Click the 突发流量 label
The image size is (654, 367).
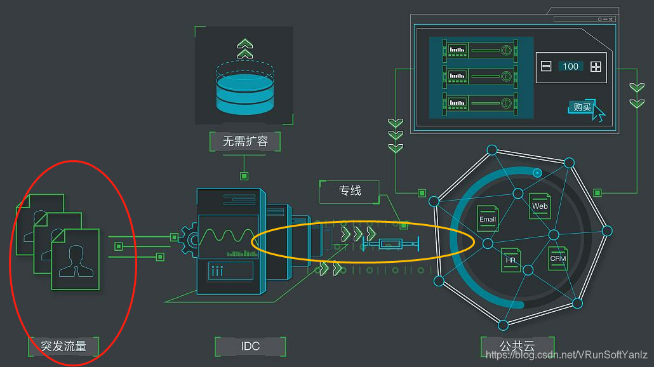click(x=63, y=347)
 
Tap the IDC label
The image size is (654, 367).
click(x=250, y=347)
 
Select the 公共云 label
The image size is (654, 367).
click(x=517, y=347)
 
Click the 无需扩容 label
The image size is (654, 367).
click(x=245, y=141)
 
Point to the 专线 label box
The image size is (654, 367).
click(x=350, y=190)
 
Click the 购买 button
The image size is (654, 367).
click(x=582, y=107)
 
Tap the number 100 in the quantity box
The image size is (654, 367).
click(x=570, y=66)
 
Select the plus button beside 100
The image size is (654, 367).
click(x=595, y=66)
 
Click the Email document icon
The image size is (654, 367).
click(x=488, y=218)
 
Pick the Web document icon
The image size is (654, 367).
click(x=540, y=205)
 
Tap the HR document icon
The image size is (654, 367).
click(x=511, y=259)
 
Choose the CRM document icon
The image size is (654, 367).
click(x=557, y=258)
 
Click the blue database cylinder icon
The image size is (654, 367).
click(x=244, y=89)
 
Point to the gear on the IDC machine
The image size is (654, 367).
click(x=190, y=239)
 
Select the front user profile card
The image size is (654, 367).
click(x=75, y=259)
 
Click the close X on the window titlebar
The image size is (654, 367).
click(x=611, y=19)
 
